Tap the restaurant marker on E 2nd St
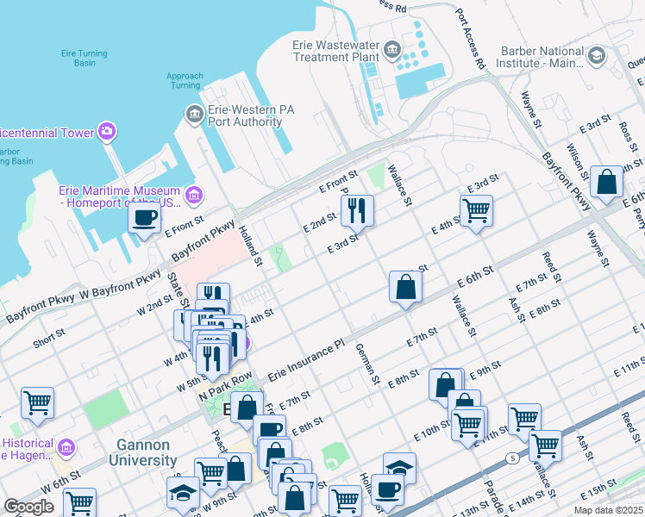355,209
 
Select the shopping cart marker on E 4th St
476,209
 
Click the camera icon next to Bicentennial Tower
106,132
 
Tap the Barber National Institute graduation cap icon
596,56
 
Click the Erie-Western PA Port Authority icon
193,114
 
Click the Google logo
28,507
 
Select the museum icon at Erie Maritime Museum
193,196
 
